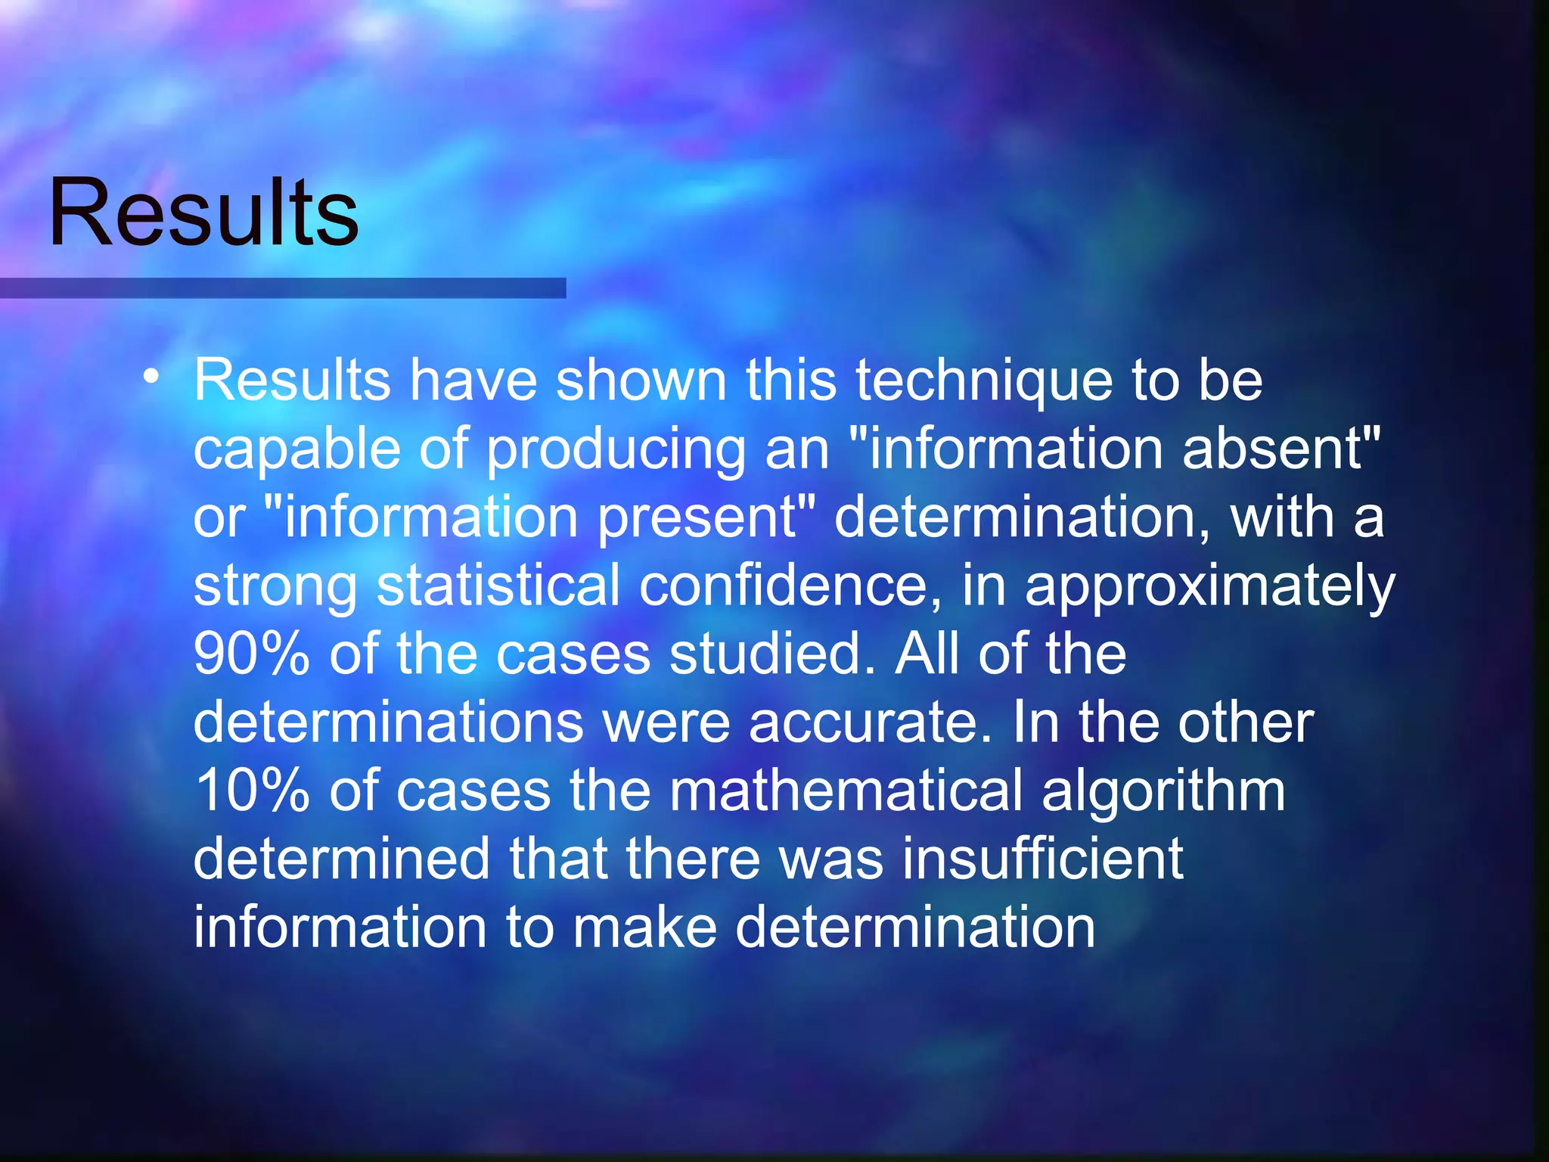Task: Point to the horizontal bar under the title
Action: point(283,288)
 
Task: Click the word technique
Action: point(984,381)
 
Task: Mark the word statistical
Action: point(498,586)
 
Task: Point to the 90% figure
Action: point(251,654)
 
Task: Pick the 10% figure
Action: point(251,791)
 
